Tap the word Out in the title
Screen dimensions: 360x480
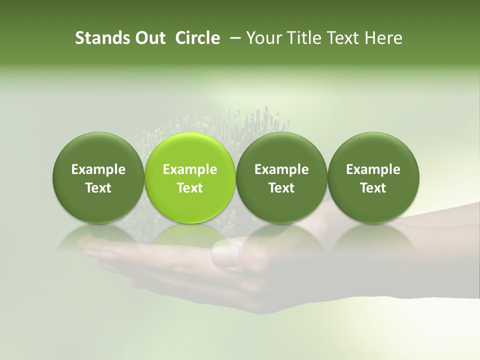pyautogui.click(x=149, y=38)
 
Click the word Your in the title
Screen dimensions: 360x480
pyautogui.click(x=263, y=38)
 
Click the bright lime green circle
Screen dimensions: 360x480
pyautogui.click(x=190, y=177)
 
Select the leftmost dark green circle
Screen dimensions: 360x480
pyautogui.click(x=98, y=177)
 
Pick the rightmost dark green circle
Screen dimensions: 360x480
pyautogui.click(x=373, y=177)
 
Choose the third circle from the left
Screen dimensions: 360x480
pyautogui.click(x=281, y=177)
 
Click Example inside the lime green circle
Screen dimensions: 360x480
pyautogui.click(x=190, y=169)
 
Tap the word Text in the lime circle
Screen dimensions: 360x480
pyautogui.click(x=190, y=188)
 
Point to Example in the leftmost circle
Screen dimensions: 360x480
pyautogui.click(x=98, y=169)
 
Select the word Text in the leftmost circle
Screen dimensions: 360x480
pyautogui.click(x=98, y=188)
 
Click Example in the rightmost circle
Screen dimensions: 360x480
pyautogui.click(x=373, y=169)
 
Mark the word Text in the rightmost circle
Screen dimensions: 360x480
pyautogui.click(x=373, y=188)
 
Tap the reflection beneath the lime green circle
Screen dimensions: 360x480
pyautogui.click(x=190, y=235)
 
